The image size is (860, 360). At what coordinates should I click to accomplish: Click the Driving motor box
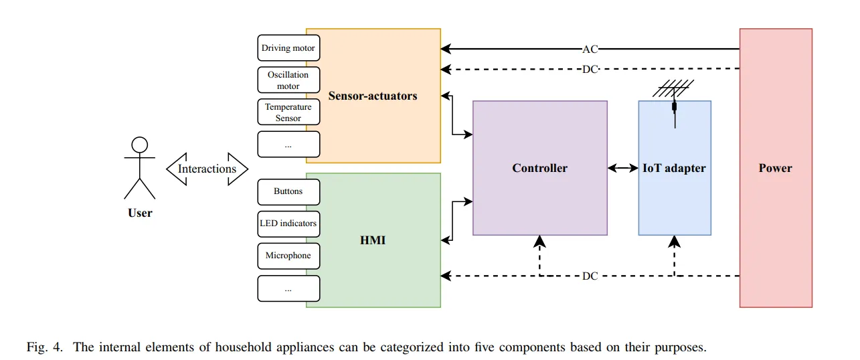(288, 48)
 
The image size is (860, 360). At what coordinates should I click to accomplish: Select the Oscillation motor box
(288, 80)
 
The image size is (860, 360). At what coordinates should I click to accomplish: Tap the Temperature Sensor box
(288, 112)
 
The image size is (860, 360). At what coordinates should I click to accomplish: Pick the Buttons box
(288, 191)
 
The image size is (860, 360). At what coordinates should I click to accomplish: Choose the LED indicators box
(288, 223)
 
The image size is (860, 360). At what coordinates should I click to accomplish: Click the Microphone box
(288, 256)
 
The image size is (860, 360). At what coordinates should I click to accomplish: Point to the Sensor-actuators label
(373, 96)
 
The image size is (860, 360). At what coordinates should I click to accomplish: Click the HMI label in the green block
(373, 240)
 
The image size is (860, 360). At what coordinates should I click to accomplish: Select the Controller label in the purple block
(539, 168)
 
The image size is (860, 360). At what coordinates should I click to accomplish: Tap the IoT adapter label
(674, 168)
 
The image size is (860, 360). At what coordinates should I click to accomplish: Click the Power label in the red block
(775, 168)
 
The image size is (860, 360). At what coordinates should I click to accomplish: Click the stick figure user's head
(139, 145)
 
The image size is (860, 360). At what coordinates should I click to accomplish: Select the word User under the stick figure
(140, 213)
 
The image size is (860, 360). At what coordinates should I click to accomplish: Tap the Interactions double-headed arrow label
(207, 169)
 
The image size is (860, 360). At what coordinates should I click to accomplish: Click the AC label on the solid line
(590, 49)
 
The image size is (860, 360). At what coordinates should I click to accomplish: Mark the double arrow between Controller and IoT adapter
(622, 169)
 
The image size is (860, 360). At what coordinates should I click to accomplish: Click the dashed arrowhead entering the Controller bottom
(539, 241)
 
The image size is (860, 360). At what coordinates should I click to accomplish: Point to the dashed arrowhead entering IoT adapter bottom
(674, 241)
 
